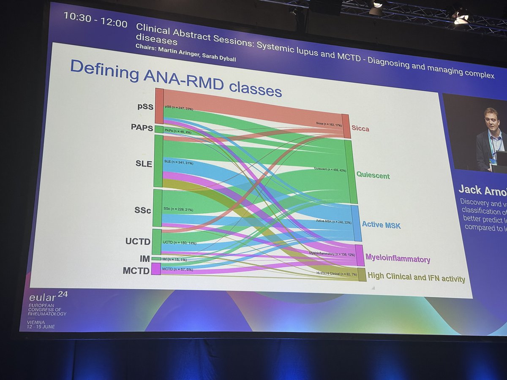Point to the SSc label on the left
142,210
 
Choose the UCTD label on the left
138,242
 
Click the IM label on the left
144,258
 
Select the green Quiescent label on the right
373,175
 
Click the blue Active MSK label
381,225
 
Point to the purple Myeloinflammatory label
398,258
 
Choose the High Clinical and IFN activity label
416,278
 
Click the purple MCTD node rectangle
156,269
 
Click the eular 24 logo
44,298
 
